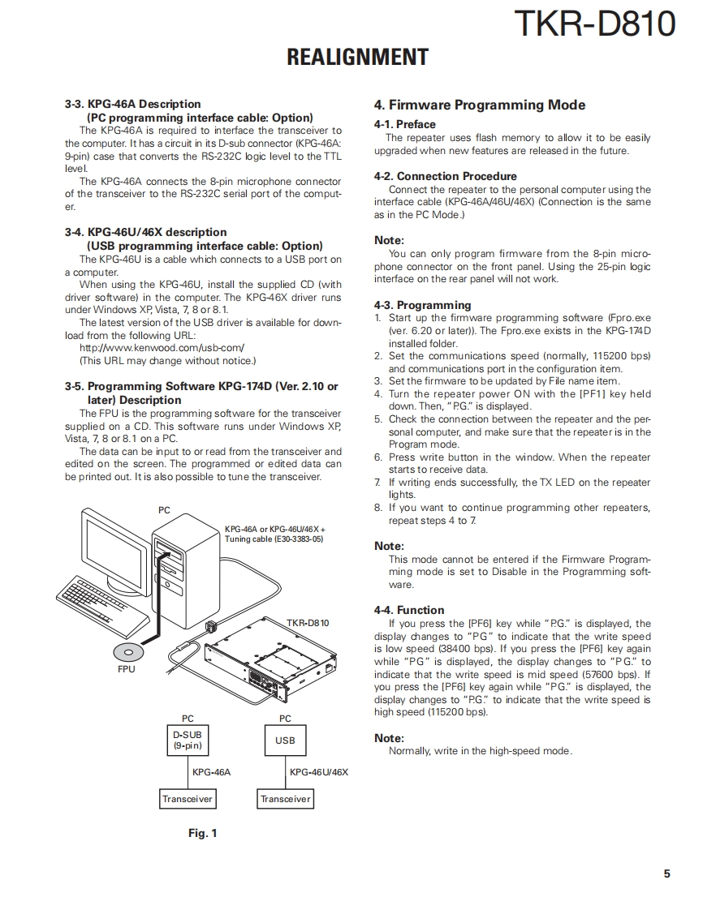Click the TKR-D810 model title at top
click(x=595, y=24)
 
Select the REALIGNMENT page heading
click(x=357, y=58)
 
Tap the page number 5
click(x=666, y=874)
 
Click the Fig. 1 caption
click(x=202, y=833)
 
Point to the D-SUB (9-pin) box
click(x=188, y=740)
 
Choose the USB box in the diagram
click(x=285, y=740)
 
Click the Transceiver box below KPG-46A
click(x=188, y=799)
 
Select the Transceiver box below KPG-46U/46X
click(x=285, y=799)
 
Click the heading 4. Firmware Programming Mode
click(x=479, y=105)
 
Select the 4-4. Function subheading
click(x=409, y=610)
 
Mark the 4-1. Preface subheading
click(x=404, y=124)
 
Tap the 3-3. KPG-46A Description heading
click(x=132, y=104)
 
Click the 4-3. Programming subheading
click(x=422, y=305)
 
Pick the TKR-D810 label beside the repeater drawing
click(x=308, y=623)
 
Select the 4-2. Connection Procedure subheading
click(x=445, y=176)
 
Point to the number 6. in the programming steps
click(x=378, y=457)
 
